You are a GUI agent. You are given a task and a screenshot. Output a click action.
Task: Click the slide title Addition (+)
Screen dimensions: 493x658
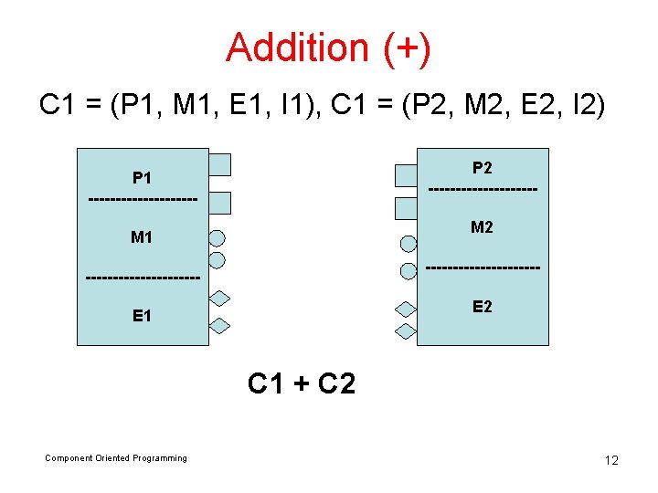(x=328, y=47)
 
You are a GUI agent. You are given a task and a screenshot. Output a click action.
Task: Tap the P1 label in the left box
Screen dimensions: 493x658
(x=142, y=177)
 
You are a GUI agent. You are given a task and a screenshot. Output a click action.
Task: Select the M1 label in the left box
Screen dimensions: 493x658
(x=142, y=238)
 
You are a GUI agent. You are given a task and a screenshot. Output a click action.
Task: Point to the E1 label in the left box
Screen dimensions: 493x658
(x=142, y=316)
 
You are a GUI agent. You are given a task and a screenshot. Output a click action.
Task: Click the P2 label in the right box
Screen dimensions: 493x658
(x=482, y=168)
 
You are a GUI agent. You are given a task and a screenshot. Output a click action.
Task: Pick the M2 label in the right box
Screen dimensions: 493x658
(x=482, y=227)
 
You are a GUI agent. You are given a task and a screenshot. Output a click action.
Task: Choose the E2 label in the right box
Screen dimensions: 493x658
(x=482, y=307)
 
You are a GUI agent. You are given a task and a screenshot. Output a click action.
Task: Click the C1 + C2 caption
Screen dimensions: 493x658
(x=302, y=383)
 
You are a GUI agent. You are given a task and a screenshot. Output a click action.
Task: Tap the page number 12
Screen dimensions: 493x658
(x=611, y=460)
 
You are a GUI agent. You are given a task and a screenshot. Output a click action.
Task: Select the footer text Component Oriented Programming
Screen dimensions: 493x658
(x=116, y=458)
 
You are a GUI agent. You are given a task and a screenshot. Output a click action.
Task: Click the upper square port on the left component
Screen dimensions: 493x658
(x=219, y=164)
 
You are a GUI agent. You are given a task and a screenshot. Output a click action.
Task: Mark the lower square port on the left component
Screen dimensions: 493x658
(x=219, y=203)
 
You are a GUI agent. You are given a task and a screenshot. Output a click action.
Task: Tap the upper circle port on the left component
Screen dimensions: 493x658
(x=217, y=239)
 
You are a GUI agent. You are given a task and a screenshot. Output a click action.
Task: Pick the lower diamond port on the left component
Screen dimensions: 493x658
(x=219, y=325)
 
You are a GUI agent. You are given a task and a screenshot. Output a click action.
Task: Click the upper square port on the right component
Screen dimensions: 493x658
(x=405, y=173)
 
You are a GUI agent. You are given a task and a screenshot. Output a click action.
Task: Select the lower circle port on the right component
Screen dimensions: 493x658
(x=408, y=270)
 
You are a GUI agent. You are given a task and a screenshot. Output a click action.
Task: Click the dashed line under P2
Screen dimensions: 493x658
(x=482, y=190)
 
